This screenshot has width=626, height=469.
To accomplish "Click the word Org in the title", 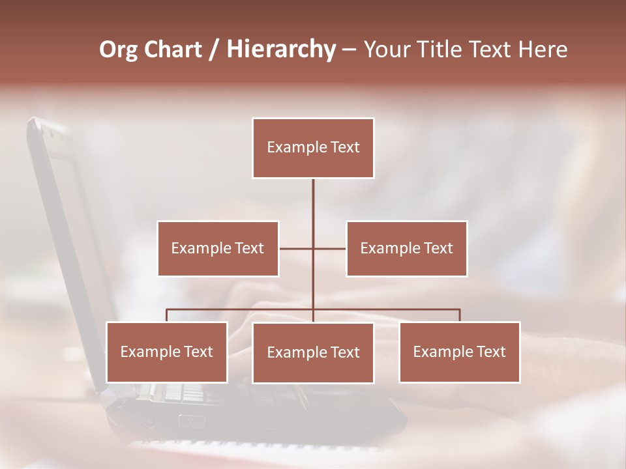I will [118, 50].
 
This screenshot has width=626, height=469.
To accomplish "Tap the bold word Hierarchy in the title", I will [281, 50].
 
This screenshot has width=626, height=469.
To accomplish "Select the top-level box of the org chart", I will [313, 148].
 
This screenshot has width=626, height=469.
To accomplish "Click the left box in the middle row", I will [218, 248].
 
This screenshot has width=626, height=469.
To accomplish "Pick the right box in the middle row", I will [407, 248].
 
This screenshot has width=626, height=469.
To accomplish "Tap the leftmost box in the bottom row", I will [167, 352].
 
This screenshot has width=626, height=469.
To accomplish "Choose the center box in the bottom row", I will [313, 353].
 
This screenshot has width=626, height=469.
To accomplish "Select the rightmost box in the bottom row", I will [460, 352].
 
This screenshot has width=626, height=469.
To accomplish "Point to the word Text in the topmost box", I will [345, 147].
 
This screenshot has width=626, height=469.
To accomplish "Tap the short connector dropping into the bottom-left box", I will [167, 315].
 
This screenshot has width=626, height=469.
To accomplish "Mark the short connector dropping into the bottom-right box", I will [460, 315].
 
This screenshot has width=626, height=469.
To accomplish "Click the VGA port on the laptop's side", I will [190, 421].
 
